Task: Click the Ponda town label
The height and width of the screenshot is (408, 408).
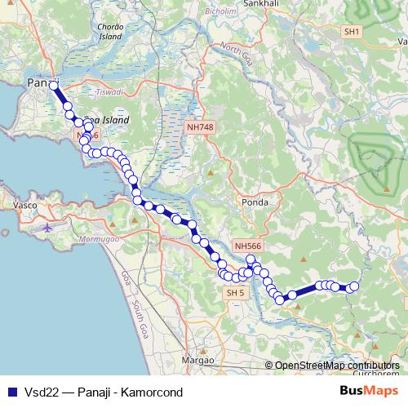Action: [255, 200]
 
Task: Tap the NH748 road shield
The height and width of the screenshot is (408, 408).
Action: [199, 127]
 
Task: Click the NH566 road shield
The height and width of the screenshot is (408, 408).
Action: [246, 245]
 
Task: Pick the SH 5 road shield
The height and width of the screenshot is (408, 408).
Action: [235, 292]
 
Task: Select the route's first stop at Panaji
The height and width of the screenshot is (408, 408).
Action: [54, 85]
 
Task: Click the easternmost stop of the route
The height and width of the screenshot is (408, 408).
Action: [353, 286]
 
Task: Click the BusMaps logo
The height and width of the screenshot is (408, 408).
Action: [369, 391]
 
